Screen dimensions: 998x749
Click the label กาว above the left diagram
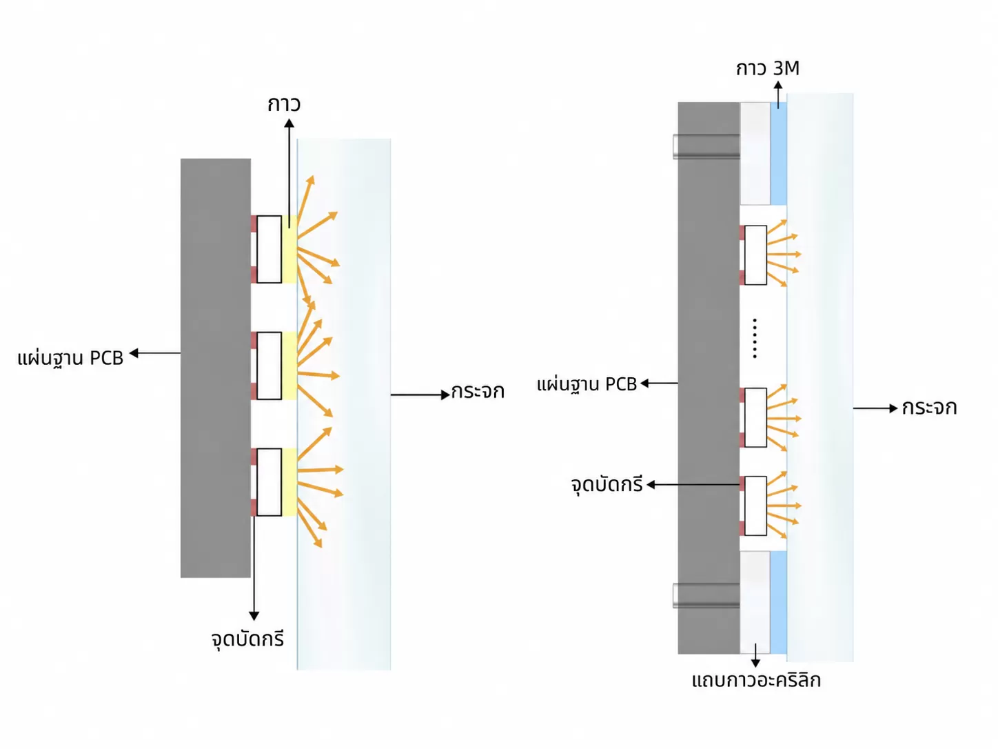click(x=284, y=104)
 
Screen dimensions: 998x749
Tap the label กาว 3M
click(x=768, y=68)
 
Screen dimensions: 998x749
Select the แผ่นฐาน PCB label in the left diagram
click(x=70, y=358)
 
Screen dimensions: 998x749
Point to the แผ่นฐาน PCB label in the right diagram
click(x=587, y=384)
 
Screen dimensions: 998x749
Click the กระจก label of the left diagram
click(x=478, y=392)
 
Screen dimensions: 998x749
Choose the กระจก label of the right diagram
click(x=929, y=408)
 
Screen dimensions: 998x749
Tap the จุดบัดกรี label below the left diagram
click(x=248, y=639)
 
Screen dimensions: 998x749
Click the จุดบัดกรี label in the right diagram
click(x=607, y=485)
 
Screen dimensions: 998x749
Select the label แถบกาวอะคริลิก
click(x=756, y=680)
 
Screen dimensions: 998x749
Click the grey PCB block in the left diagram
click(x=216, y=368)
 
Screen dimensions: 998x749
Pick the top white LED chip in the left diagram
click(x=269, y=249)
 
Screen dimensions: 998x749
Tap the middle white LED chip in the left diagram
click(x=269, y=366)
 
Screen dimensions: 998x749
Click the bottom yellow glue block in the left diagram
click(x=289, y=482)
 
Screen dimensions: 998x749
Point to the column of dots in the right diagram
click(x=755, y=339)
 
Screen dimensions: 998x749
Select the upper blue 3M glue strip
click(x=778, y=153)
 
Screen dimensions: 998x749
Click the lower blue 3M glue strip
click(x=778, y=603)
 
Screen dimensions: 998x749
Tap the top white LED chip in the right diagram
click(x=755, y=255)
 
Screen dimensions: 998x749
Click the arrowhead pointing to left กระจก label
click(x=445, y=395)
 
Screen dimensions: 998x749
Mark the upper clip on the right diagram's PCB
click(x=706, y=146)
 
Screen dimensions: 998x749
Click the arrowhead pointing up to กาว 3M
click(x=778, y=85)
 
